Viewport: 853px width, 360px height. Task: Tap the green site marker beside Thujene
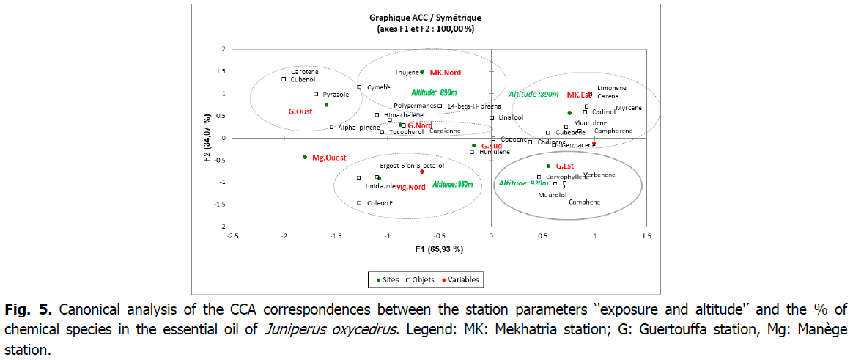click(x=422, y=72)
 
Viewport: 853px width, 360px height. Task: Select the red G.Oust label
click(x=300, y=111)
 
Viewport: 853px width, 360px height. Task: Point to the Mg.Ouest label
click(x=329, y=158)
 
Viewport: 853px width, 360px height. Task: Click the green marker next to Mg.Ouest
click(x=305, y=157)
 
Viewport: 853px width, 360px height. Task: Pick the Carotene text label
click(x=305, y=71)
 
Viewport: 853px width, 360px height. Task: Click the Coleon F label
click(x=380, y=203)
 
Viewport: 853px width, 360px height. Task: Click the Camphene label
click(x=584, y=202)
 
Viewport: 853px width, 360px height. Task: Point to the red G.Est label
click(x=564, y=166)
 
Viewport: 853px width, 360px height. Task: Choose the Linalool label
click(x=511, y=117)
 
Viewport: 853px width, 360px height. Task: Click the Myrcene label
click(x=628, y=108)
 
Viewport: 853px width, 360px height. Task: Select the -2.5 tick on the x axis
click(x=233, y=236)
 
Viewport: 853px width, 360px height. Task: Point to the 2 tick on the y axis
click(x=224, y=49)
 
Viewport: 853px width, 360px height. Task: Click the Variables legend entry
click(x=462, y=279)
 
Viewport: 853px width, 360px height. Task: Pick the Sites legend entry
click(x=388, y=279)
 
